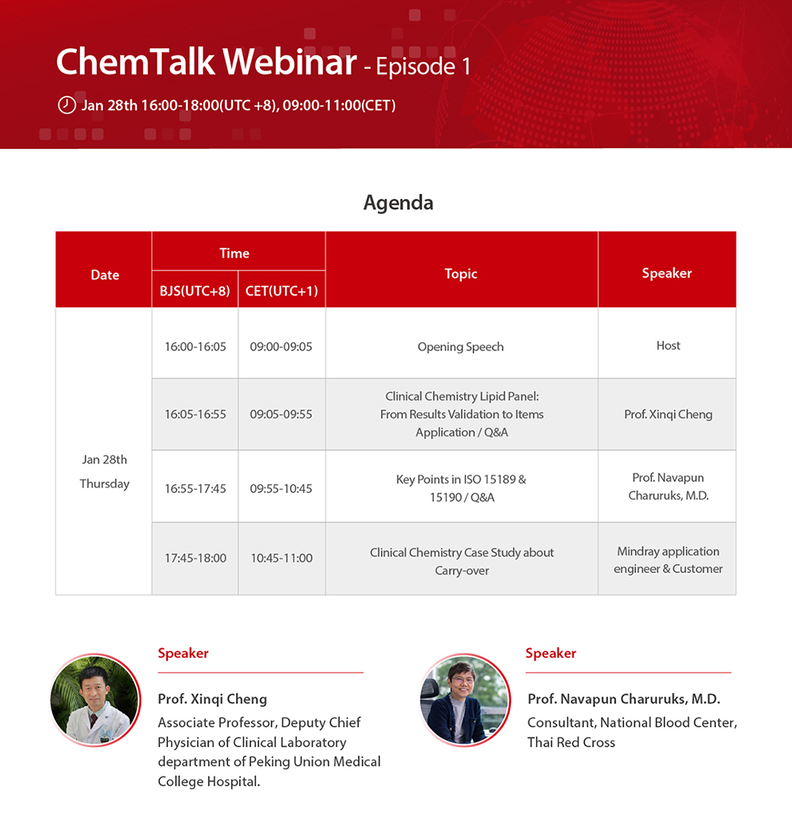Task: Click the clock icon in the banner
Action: (x=67, y=105)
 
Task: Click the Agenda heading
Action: (x=398, y=203)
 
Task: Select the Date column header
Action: (x=105, y=275)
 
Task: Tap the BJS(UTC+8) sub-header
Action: (x=195, y=291)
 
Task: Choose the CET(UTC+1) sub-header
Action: (x=282, y=291)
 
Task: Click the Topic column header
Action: (x=461, y=274)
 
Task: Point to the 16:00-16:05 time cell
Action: (x=195, y=346)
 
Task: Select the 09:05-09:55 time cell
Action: (x=281, y=414)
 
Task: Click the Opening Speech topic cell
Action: (x=460, y=346)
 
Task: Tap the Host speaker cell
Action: (x=668, y=345)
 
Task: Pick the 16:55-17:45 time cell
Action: (x=195, y=488)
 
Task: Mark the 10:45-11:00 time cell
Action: (x=282, y=558)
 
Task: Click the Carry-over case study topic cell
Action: (x=462, y=561)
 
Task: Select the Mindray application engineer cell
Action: (x=668, y=559)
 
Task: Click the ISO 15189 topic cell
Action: (x=462, y=488)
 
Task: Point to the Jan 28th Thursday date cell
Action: (x=105, y=471)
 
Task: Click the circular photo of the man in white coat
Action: (x=96, y=700)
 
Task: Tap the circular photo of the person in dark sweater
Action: (x=465, y=700)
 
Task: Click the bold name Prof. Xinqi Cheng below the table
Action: (x=212, y=699)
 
